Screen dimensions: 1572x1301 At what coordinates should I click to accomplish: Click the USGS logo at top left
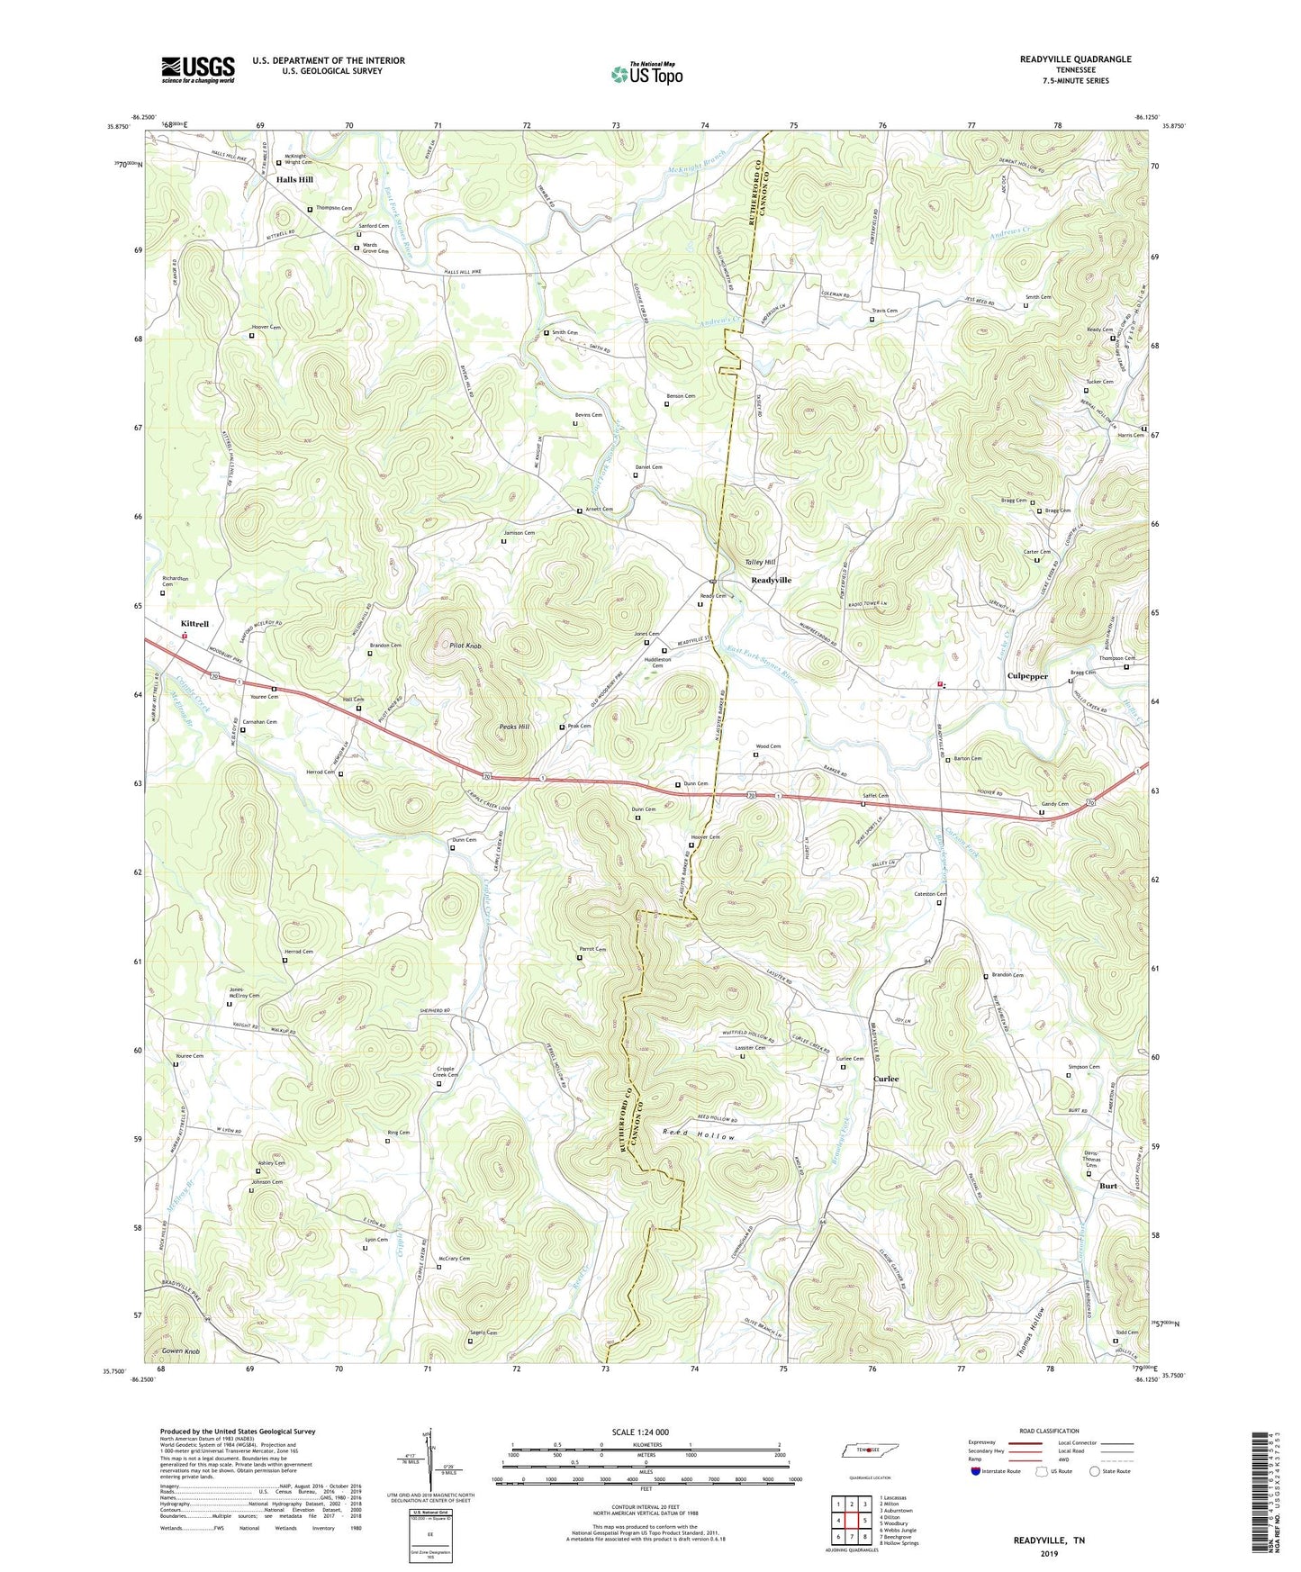point(198,69)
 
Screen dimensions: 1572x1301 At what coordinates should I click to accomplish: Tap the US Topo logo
point(646,73)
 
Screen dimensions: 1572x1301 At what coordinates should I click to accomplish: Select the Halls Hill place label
point(294,180)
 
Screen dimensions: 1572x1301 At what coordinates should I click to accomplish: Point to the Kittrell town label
point(194,624)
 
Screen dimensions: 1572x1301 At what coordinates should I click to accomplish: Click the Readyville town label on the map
point(771,581)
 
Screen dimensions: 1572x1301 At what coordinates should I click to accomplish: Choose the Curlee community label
point(886,1079)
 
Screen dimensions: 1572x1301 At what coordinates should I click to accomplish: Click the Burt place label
point(1107,1186)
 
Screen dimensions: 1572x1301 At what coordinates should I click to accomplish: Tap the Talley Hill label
point(760,562)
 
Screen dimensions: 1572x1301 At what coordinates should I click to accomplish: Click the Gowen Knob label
point(180,1352)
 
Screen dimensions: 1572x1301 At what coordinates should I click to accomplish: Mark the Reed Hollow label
point(699,1138)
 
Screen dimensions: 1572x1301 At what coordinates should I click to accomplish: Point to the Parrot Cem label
point(592,949)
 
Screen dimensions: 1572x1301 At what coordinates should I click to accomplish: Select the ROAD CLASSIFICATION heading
point(1049,1431)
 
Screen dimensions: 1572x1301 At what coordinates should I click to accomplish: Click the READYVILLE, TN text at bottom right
point(1049,1540)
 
